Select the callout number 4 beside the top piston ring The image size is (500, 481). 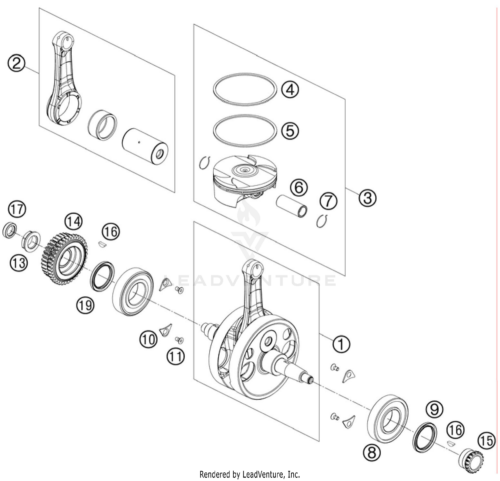pos(290,89)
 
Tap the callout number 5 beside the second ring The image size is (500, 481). pos(290,131)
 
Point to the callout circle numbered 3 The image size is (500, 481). pos(367,198)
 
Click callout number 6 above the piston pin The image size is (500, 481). pos(298,188)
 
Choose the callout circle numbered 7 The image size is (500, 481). pos(328,201)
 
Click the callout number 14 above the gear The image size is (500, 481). pos(73,221)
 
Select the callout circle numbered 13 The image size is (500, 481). pos(18,263)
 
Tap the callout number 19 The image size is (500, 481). pos(85,305)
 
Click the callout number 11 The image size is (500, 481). pos(176,356)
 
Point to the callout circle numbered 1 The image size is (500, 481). pos(341,344)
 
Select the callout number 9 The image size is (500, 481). pos(434,409)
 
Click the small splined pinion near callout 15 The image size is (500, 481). pos(471,460)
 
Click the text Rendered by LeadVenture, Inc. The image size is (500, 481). pos(250,474)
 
